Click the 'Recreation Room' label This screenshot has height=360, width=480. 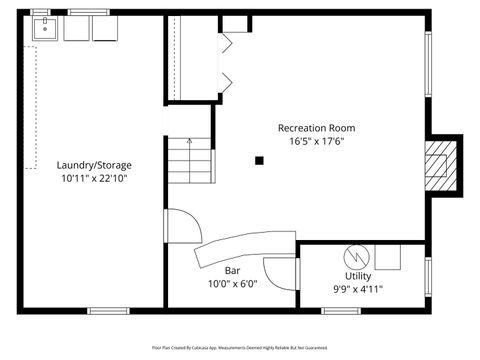coord(316,128)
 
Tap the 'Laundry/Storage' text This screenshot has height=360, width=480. coord(94,165)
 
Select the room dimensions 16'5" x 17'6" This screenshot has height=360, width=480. coord(316,142)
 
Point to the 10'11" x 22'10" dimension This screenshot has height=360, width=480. coord(94,179)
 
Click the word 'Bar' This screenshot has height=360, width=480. coord(232,270)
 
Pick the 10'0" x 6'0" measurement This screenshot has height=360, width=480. coord(232,283)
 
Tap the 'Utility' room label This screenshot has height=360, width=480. coord(357,275)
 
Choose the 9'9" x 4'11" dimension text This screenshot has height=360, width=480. coord(357,289)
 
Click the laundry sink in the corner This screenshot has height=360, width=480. coord(45,29)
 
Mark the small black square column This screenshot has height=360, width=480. coord(259,159)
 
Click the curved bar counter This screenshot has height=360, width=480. coord(240,245)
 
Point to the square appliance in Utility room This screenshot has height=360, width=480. coord(389,255)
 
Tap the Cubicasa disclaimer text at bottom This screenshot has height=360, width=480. coord(240,347)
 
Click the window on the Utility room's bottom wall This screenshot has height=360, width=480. coord(340,310)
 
